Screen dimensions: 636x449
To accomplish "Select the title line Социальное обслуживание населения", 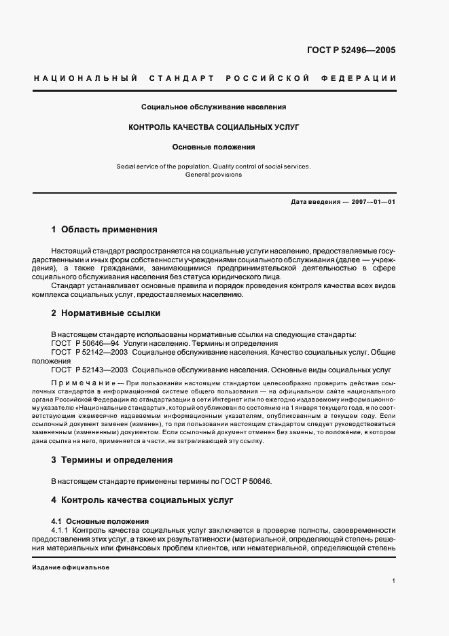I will click(x=213, y=107).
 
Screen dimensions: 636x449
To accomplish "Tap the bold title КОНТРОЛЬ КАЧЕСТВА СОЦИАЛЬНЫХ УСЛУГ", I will click(x=213, y=126).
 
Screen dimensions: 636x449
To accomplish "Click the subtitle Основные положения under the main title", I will click(x=213, y=146).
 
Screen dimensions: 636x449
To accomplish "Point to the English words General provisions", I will click(x=213, y=174).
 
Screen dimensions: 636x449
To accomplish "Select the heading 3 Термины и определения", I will click(x=111, y=459).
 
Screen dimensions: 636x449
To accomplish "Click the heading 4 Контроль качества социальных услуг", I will click(x=142, y=499).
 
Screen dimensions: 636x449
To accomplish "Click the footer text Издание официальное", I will click(x=71, y=567).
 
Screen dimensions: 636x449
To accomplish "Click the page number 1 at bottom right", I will click(x=393, y=581).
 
